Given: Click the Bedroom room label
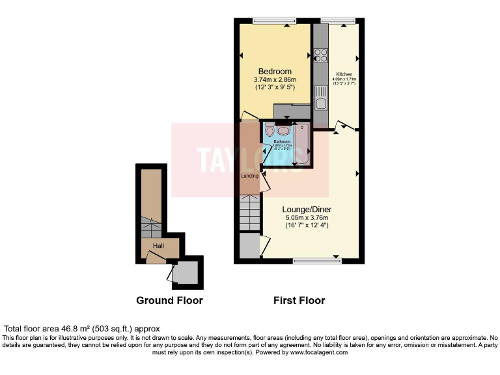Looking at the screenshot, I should [275, 72].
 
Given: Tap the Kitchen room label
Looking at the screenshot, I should [344, 74].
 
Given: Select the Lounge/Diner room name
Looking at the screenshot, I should [305, 210].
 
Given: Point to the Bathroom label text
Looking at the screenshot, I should [282, 142].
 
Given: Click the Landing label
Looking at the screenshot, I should [251, 176].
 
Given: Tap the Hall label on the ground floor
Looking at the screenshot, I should [158, 246].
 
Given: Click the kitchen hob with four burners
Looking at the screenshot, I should [320, 55].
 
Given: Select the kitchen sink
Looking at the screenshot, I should [320, 102].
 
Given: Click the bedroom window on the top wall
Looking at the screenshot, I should [273, 20].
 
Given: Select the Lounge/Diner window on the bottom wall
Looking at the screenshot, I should [317, 261].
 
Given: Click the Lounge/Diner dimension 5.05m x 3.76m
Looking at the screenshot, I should [305, 217].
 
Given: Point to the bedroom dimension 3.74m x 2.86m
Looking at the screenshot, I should [275, 80].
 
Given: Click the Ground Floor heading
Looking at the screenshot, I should [169, 300].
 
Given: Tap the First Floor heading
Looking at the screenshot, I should [298, 300].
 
